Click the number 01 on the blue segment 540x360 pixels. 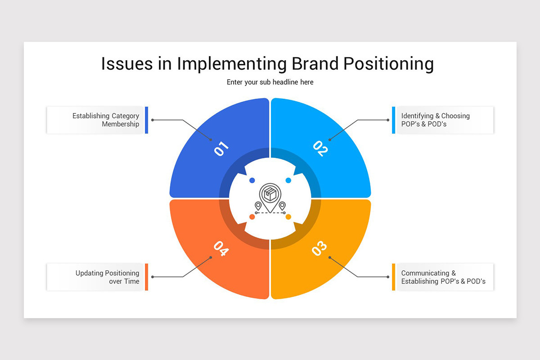tap(221, 149)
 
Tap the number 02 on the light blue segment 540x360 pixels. tap(320, 148)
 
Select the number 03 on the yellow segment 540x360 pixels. tap(319, 248)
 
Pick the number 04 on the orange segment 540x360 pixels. tap(221, 248)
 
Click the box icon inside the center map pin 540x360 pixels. tap(270, 195)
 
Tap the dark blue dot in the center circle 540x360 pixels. tap(252, 180)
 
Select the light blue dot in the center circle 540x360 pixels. tap(288, 180)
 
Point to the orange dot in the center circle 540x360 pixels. tap(252, 217)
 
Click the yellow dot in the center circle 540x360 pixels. tap(288, 217)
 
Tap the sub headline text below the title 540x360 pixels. tap(270, 82)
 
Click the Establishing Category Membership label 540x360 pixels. tap(106, 120)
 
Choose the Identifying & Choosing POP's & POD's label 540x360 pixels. tap(435, 120)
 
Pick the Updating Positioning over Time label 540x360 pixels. tap(107, 277)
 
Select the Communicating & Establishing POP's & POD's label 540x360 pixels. tap(443, 277)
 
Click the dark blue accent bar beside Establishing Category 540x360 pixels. tap(146, 120)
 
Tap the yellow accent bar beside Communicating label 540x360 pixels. tap(394, 277)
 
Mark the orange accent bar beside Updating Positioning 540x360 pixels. tap(146, 277)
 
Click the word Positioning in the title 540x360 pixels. tap(389, 63)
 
